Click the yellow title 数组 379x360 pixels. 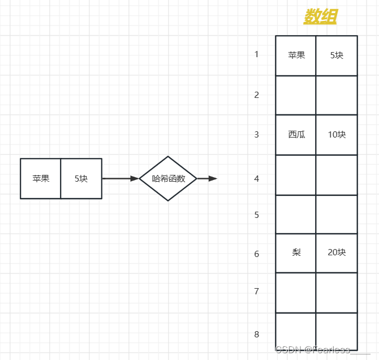point(320,17)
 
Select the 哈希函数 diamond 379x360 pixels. point(168,178)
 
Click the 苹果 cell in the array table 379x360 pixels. point(296,55)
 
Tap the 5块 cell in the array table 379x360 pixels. point(337,55)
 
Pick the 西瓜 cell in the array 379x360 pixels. point(296,135)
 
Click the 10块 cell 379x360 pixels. point(337,135)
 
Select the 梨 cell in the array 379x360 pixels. point(296,252)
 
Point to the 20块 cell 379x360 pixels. point(337,252)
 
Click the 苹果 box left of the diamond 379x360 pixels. point(41,178)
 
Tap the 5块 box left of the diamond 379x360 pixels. point(81,178)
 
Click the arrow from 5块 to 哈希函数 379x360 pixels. point(120,178)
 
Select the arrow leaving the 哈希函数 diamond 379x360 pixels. point(207,178)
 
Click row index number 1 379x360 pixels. point(256,54)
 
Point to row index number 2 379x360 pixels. point(256,95)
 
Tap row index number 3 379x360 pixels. point(256,134)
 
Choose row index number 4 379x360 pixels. point(256,178)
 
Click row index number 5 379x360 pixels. point(256,215)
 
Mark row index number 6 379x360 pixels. point(256,254)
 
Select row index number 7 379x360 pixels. point(256,291)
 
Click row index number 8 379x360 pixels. point(256,334)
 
